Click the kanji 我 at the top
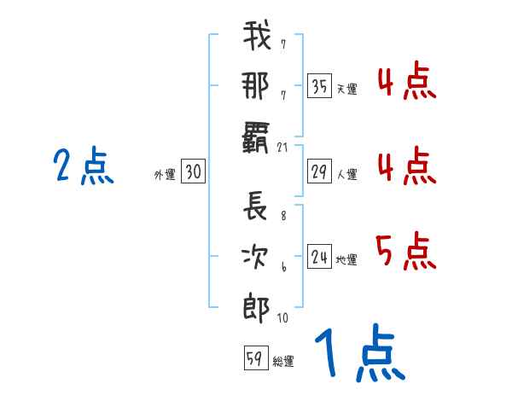click(257, 35)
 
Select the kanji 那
click(256, 85)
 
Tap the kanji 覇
click(255, 137)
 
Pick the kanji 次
click(255, 257)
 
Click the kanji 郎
click(256, 308)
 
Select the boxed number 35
click(319, 85)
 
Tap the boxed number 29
click(319, 171)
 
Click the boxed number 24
click(319, 256)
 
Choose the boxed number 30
click(193, 171)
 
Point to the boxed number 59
click(256, 357)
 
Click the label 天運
click(347, 89)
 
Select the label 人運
click(347, 174)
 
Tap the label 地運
click(346, 259)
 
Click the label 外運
click(165, 174)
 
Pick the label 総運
click(283, 361)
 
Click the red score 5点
click(406, 251)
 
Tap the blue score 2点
click(84, 166)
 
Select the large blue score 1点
click(360, 352)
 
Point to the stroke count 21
click(282, 148)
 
